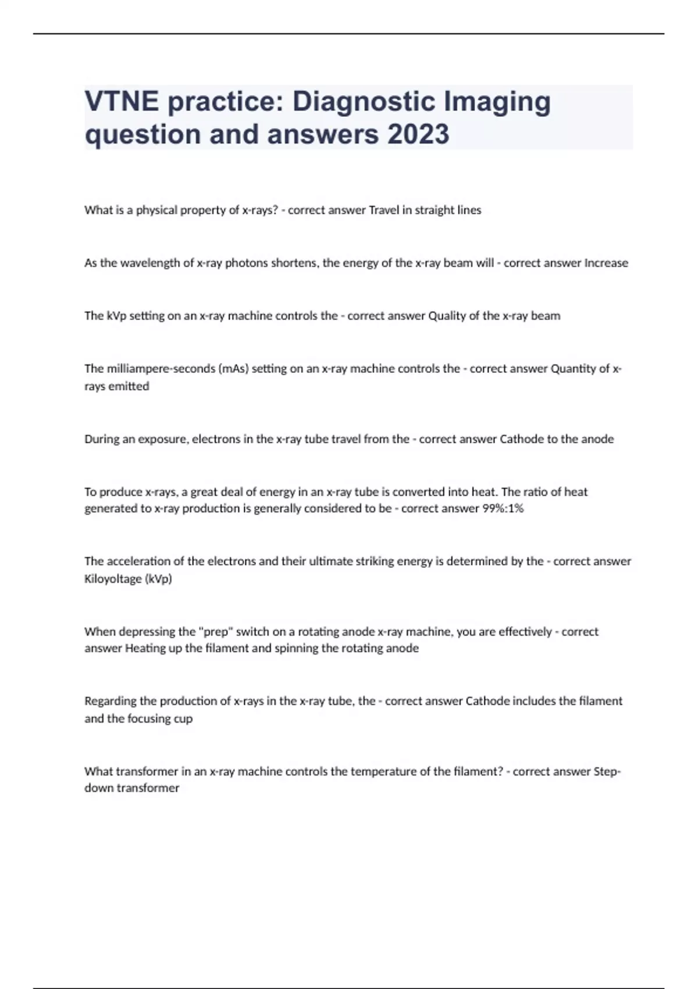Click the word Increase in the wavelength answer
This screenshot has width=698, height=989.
pos(606,263)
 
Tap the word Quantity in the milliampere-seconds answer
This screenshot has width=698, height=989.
pos(573,369)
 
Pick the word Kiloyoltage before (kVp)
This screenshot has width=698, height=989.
pos(113,579)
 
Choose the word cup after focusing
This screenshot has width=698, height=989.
pos(183,718)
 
